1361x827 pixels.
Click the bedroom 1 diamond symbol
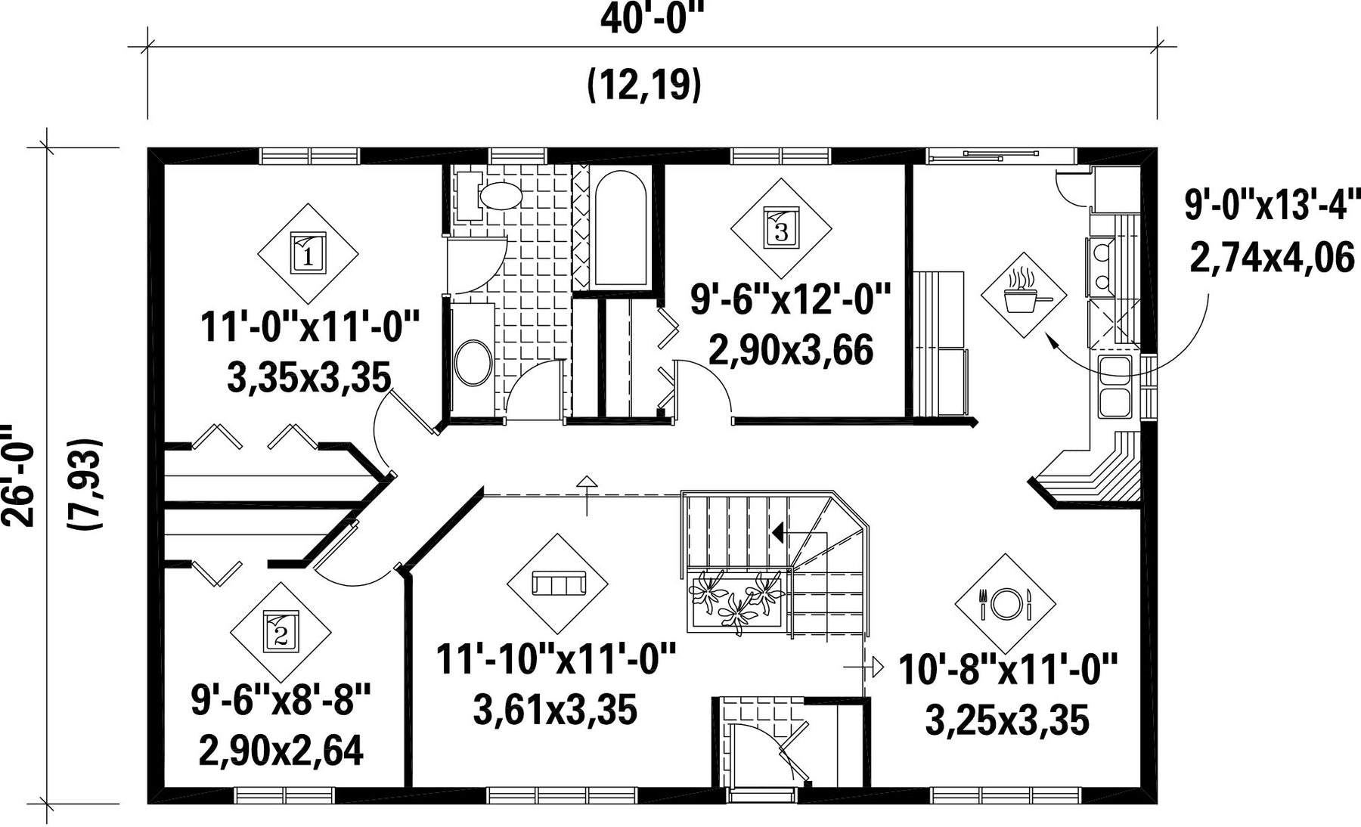pos(308,254)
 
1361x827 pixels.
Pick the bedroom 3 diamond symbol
pos(781,228)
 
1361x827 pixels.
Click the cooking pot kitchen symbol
pos(1024,295)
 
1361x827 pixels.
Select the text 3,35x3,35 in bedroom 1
pos(308,377)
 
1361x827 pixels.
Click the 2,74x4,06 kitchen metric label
pos(1273,258)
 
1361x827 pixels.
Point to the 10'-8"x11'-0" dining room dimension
pos(1008,670)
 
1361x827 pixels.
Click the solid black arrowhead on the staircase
pos(777,533)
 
